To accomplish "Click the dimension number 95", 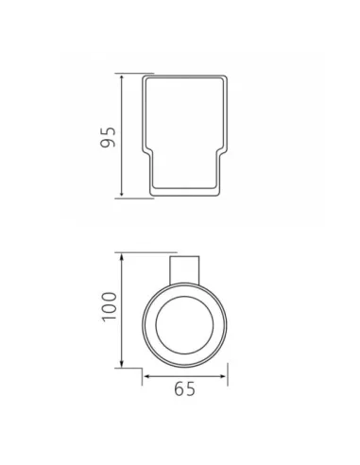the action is click(x=108, y=137).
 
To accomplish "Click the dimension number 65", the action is click(x=184, y=388).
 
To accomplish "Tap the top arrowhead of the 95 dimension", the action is click(x=122, y=78).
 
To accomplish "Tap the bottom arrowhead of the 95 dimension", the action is click(x=122, y=195).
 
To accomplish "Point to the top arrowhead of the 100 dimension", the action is click(x=122, y=257).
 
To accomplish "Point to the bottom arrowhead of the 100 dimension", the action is click(x=122, y=363).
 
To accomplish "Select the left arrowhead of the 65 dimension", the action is click(x=147, y=376).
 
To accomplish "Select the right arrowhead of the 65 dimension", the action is click(x=223, y=376).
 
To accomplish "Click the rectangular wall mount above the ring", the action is click(x=184, y=270).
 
